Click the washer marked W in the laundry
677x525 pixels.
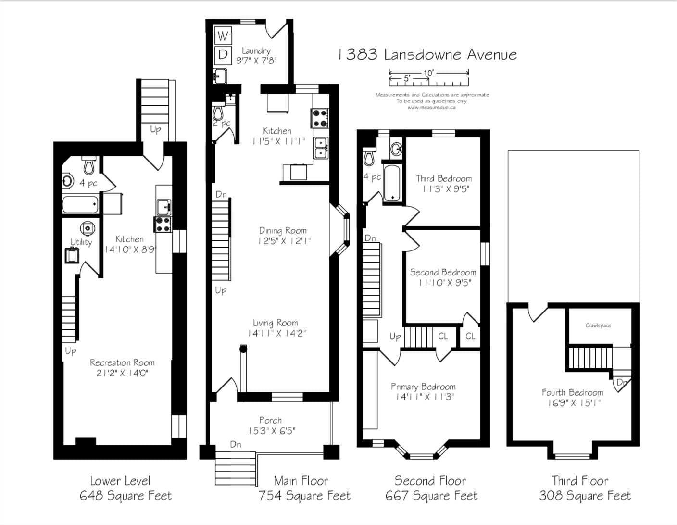(x=223, y=36)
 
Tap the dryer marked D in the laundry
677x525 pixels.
(x=223, y=55)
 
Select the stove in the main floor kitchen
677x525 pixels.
(x=320, y=118)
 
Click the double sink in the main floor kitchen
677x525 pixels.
(x=321, y=148)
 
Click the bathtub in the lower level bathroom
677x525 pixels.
(x=80, y=205)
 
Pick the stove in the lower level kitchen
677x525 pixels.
(x=163, y=225)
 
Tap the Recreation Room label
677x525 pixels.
(x=122, y=363)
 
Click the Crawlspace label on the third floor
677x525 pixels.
(x=598, y=325)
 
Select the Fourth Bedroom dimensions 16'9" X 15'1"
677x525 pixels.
(x=574, y=403)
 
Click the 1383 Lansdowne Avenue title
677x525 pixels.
(x=427, y=55)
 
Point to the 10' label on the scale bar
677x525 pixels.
(x=429, y=73)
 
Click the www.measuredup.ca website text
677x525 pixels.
(x=431, y=107)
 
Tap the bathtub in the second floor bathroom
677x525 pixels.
(x=392, y=183)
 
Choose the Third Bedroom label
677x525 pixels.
(x=444, y=179)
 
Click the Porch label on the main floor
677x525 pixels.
(x=270, y=420)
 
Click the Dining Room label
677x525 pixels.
(x=283, y=231)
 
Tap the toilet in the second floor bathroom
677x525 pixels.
(x=369, y=157)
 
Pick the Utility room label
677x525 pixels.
(x=81, y=242)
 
